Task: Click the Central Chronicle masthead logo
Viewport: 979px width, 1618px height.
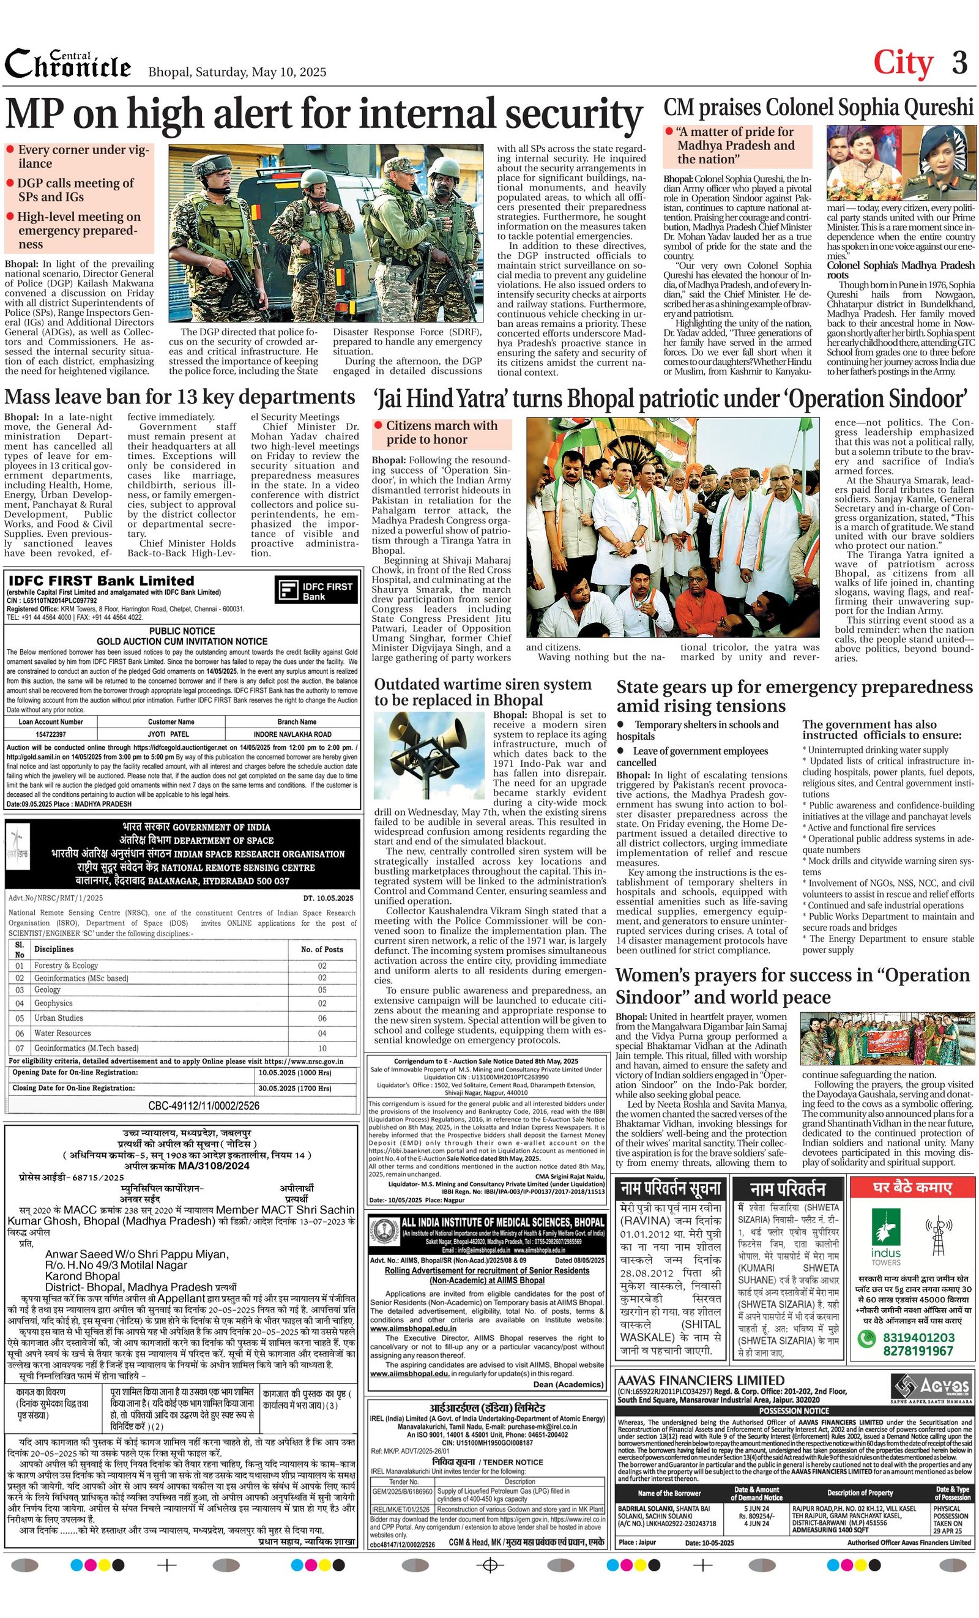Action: pos(68,64)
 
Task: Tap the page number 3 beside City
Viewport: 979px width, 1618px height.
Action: pos(959,63)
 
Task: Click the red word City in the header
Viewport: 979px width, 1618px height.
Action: pos(903,63)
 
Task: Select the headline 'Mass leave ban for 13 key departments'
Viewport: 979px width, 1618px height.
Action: pos(180,397)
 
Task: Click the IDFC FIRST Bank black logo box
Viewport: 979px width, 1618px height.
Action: pos(317,591)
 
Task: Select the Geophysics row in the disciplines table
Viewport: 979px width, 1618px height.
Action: pos(158,1004)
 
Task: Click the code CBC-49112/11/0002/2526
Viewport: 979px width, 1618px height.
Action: pos(204,1106)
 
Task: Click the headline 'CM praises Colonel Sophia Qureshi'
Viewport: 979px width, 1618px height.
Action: pos(818,107)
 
